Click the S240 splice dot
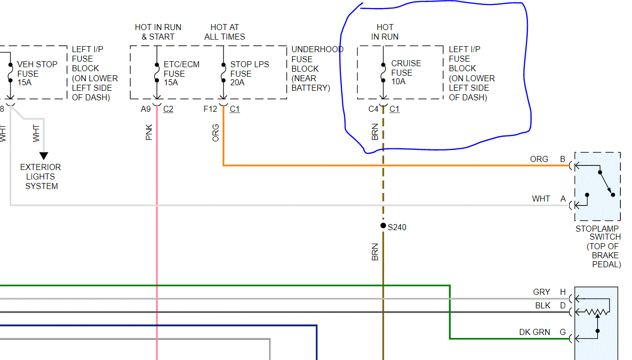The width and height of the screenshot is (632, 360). point(383,226)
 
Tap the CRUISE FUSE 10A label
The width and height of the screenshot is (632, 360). point(406,72)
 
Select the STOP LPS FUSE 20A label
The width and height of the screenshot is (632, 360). point(249,73)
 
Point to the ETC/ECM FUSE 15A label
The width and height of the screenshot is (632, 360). point(181,73)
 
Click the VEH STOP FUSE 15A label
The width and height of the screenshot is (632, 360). point(37,73)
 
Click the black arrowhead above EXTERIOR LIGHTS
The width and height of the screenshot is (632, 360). point(44,156)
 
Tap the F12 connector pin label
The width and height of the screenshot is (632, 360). point(210,109)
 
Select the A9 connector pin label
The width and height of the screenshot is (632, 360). point(146,109)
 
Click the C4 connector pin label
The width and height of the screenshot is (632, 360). point(373,109)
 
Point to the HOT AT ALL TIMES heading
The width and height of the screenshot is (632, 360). point(225,32)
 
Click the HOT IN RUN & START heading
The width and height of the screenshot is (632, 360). point(158,32)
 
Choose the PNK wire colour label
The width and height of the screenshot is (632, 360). point(149,132)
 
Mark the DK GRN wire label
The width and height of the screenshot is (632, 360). point(534,332)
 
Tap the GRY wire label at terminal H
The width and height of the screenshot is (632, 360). point(541,292)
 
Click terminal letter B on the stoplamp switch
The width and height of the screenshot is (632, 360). point(563,159)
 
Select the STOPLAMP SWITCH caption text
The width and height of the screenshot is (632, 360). point(598,233)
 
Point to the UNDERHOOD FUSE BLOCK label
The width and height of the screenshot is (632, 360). point(317,68)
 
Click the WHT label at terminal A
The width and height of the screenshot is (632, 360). point(541,199)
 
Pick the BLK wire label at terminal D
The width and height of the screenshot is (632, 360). point(542,305)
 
